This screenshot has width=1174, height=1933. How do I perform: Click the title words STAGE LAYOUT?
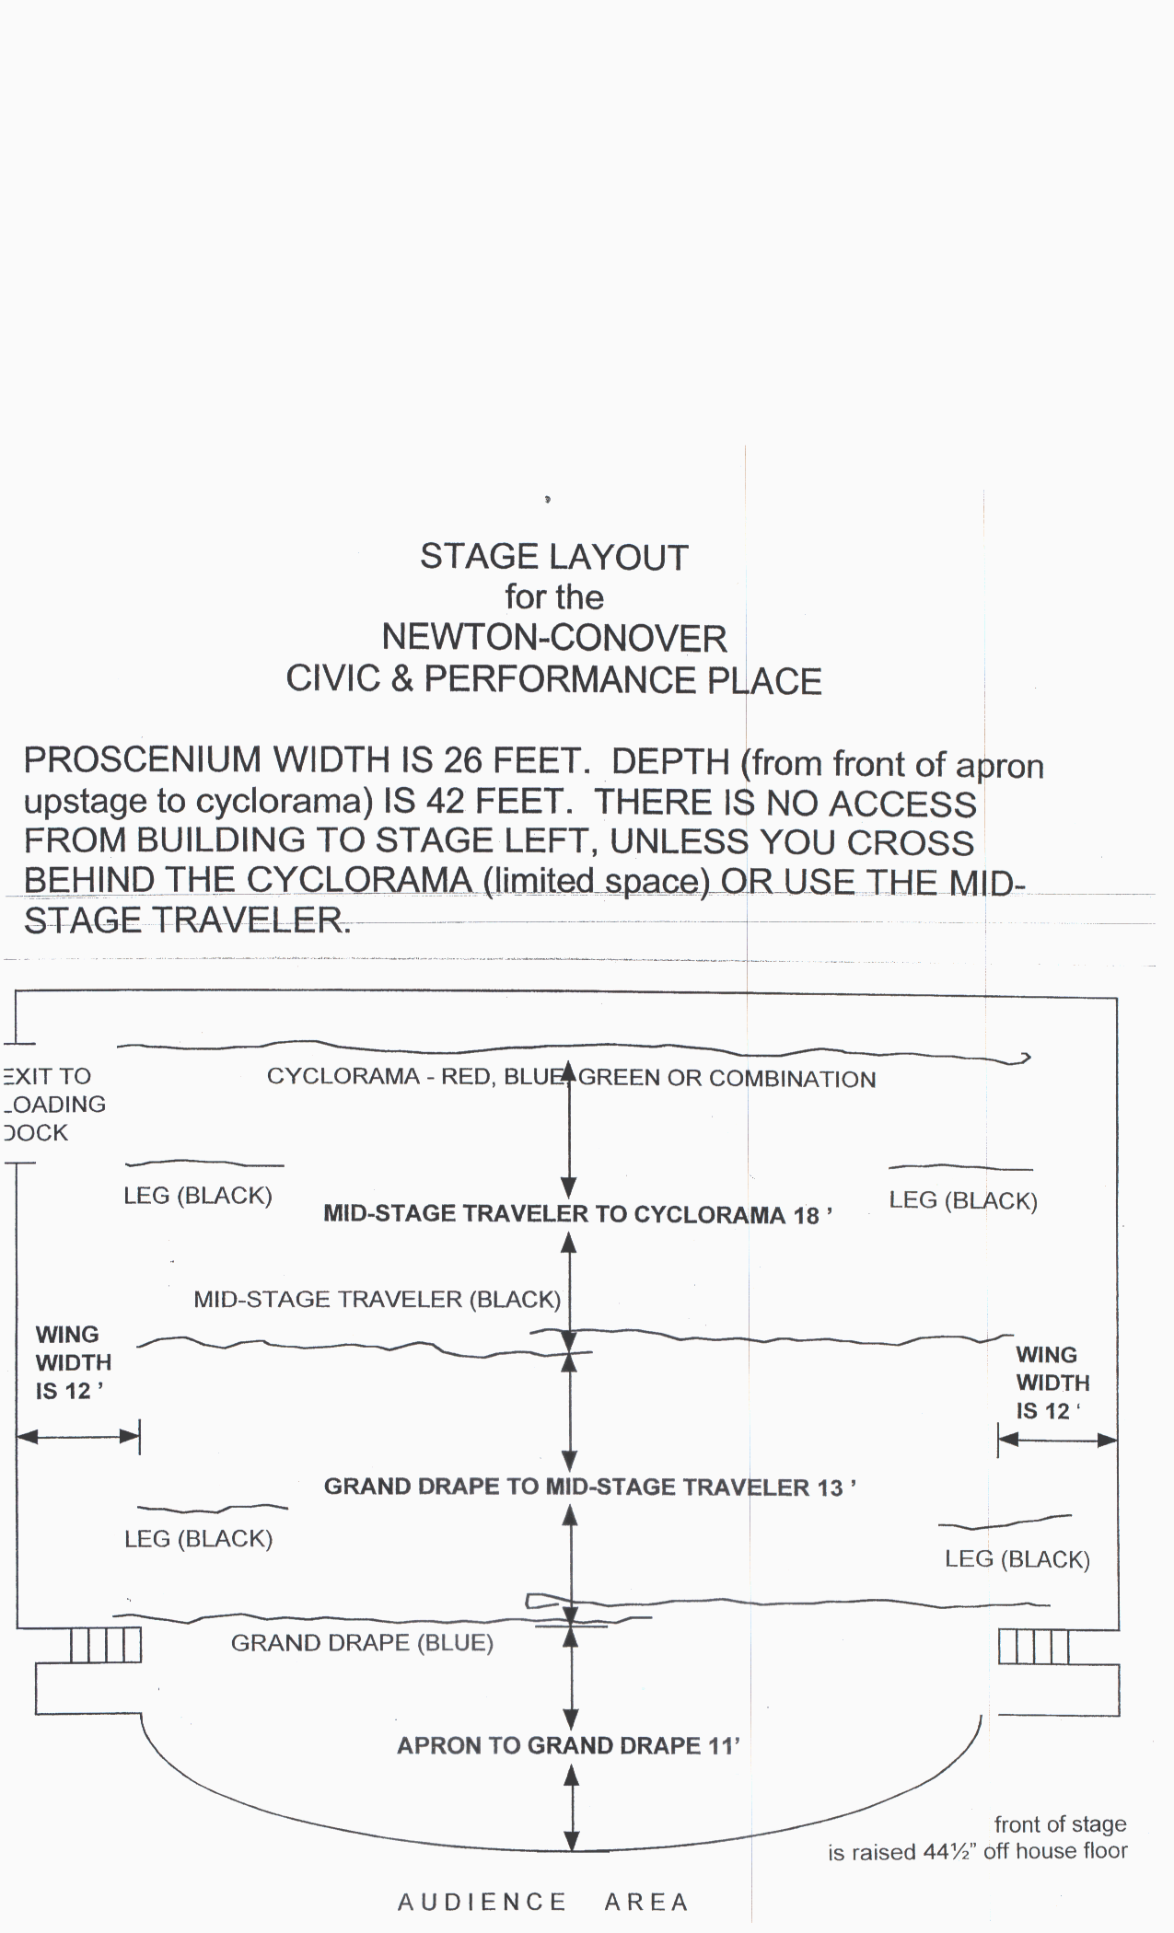coord(553,558)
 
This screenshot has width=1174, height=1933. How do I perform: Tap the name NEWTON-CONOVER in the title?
coord(553,638)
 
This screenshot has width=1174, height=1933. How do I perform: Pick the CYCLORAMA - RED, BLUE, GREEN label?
coord(571,1078)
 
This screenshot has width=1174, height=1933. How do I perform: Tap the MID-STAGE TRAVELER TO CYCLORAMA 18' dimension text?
coord(577,1214)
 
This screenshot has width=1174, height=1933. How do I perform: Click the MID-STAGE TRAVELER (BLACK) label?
coord(377,1299)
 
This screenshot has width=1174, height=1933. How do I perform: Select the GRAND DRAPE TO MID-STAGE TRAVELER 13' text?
coord(589,1487)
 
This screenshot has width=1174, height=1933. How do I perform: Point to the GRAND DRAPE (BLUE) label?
coord(362,1642)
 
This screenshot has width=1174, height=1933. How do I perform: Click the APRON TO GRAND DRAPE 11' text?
coord(568,1745)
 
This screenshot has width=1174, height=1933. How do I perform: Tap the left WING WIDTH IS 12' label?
coord(72,1362)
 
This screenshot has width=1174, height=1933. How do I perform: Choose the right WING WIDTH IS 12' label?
coord(1052,1383)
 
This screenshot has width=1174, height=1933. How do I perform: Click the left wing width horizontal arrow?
coord(77,1436)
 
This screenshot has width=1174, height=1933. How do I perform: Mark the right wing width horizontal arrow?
coord(1057,1440)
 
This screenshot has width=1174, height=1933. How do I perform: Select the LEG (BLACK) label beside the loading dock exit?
coord(198,1196)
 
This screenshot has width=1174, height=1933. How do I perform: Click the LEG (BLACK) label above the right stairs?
coord(1017,1559)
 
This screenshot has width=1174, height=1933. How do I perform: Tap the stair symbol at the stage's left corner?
coord(106,1645)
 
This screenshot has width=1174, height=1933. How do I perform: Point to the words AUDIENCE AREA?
coord(542,1902)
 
